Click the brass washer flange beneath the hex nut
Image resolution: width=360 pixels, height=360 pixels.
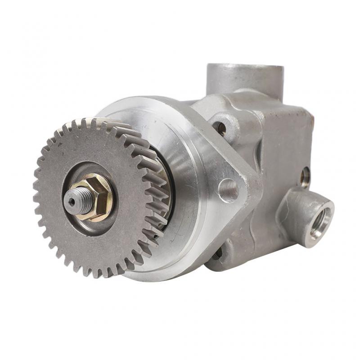point(90,215)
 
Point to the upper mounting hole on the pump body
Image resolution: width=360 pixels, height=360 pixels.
point(220,128)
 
